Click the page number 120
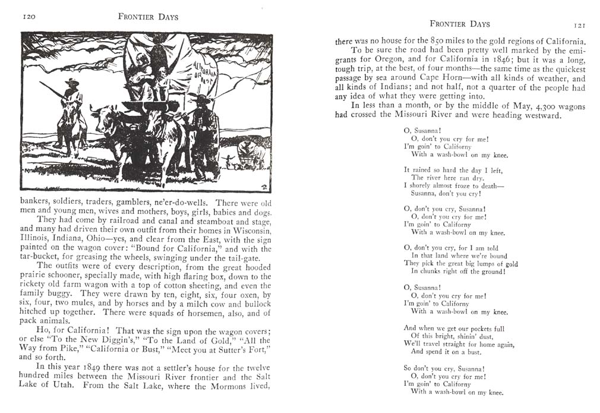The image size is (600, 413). click(29, 17)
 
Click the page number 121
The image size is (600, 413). click(579, 26)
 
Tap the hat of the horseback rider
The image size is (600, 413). click(72, 81)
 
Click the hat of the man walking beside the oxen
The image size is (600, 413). click(203, 99)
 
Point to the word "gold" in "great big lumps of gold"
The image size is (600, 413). click(510, 263)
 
